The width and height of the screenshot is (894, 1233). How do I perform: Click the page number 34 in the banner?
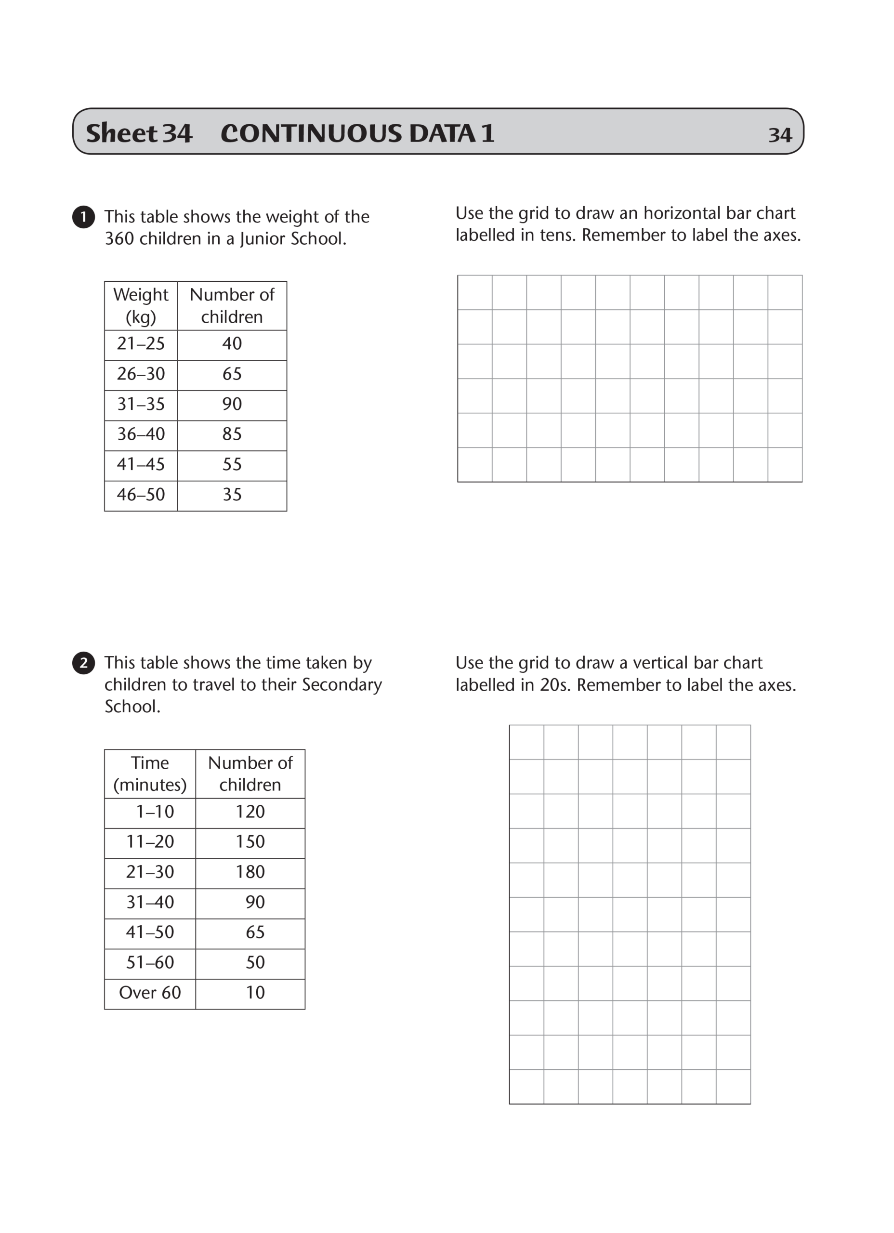coord(779,135)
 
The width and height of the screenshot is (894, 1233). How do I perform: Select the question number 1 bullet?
coord(83,217)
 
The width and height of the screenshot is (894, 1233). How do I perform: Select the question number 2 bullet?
coord(83,663)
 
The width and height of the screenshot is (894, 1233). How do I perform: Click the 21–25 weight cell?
coord(141,343)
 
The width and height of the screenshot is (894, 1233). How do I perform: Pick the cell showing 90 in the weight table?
coord(232,404)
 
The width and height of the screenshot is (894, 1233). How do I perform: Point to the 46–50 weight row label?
coord(141,494)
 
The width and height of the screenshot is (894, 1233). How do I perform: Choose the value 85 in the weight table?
coord(232,434)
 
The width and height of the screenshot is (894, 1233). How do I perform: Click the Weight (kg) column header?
coord(141,305)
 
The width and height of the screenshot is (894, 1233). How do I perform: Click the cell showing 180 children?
coord(250,872)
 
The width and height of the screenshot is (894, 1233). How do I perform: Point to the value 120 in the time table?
coord(250,812)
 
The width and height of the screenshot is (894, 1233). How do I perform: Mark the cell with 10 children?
coord(255,993)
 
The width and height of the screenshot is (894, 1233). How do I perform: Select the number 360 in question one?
coord(119,239)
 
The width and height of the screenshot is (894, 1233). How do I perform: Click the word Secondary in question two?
coord(342,684)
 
